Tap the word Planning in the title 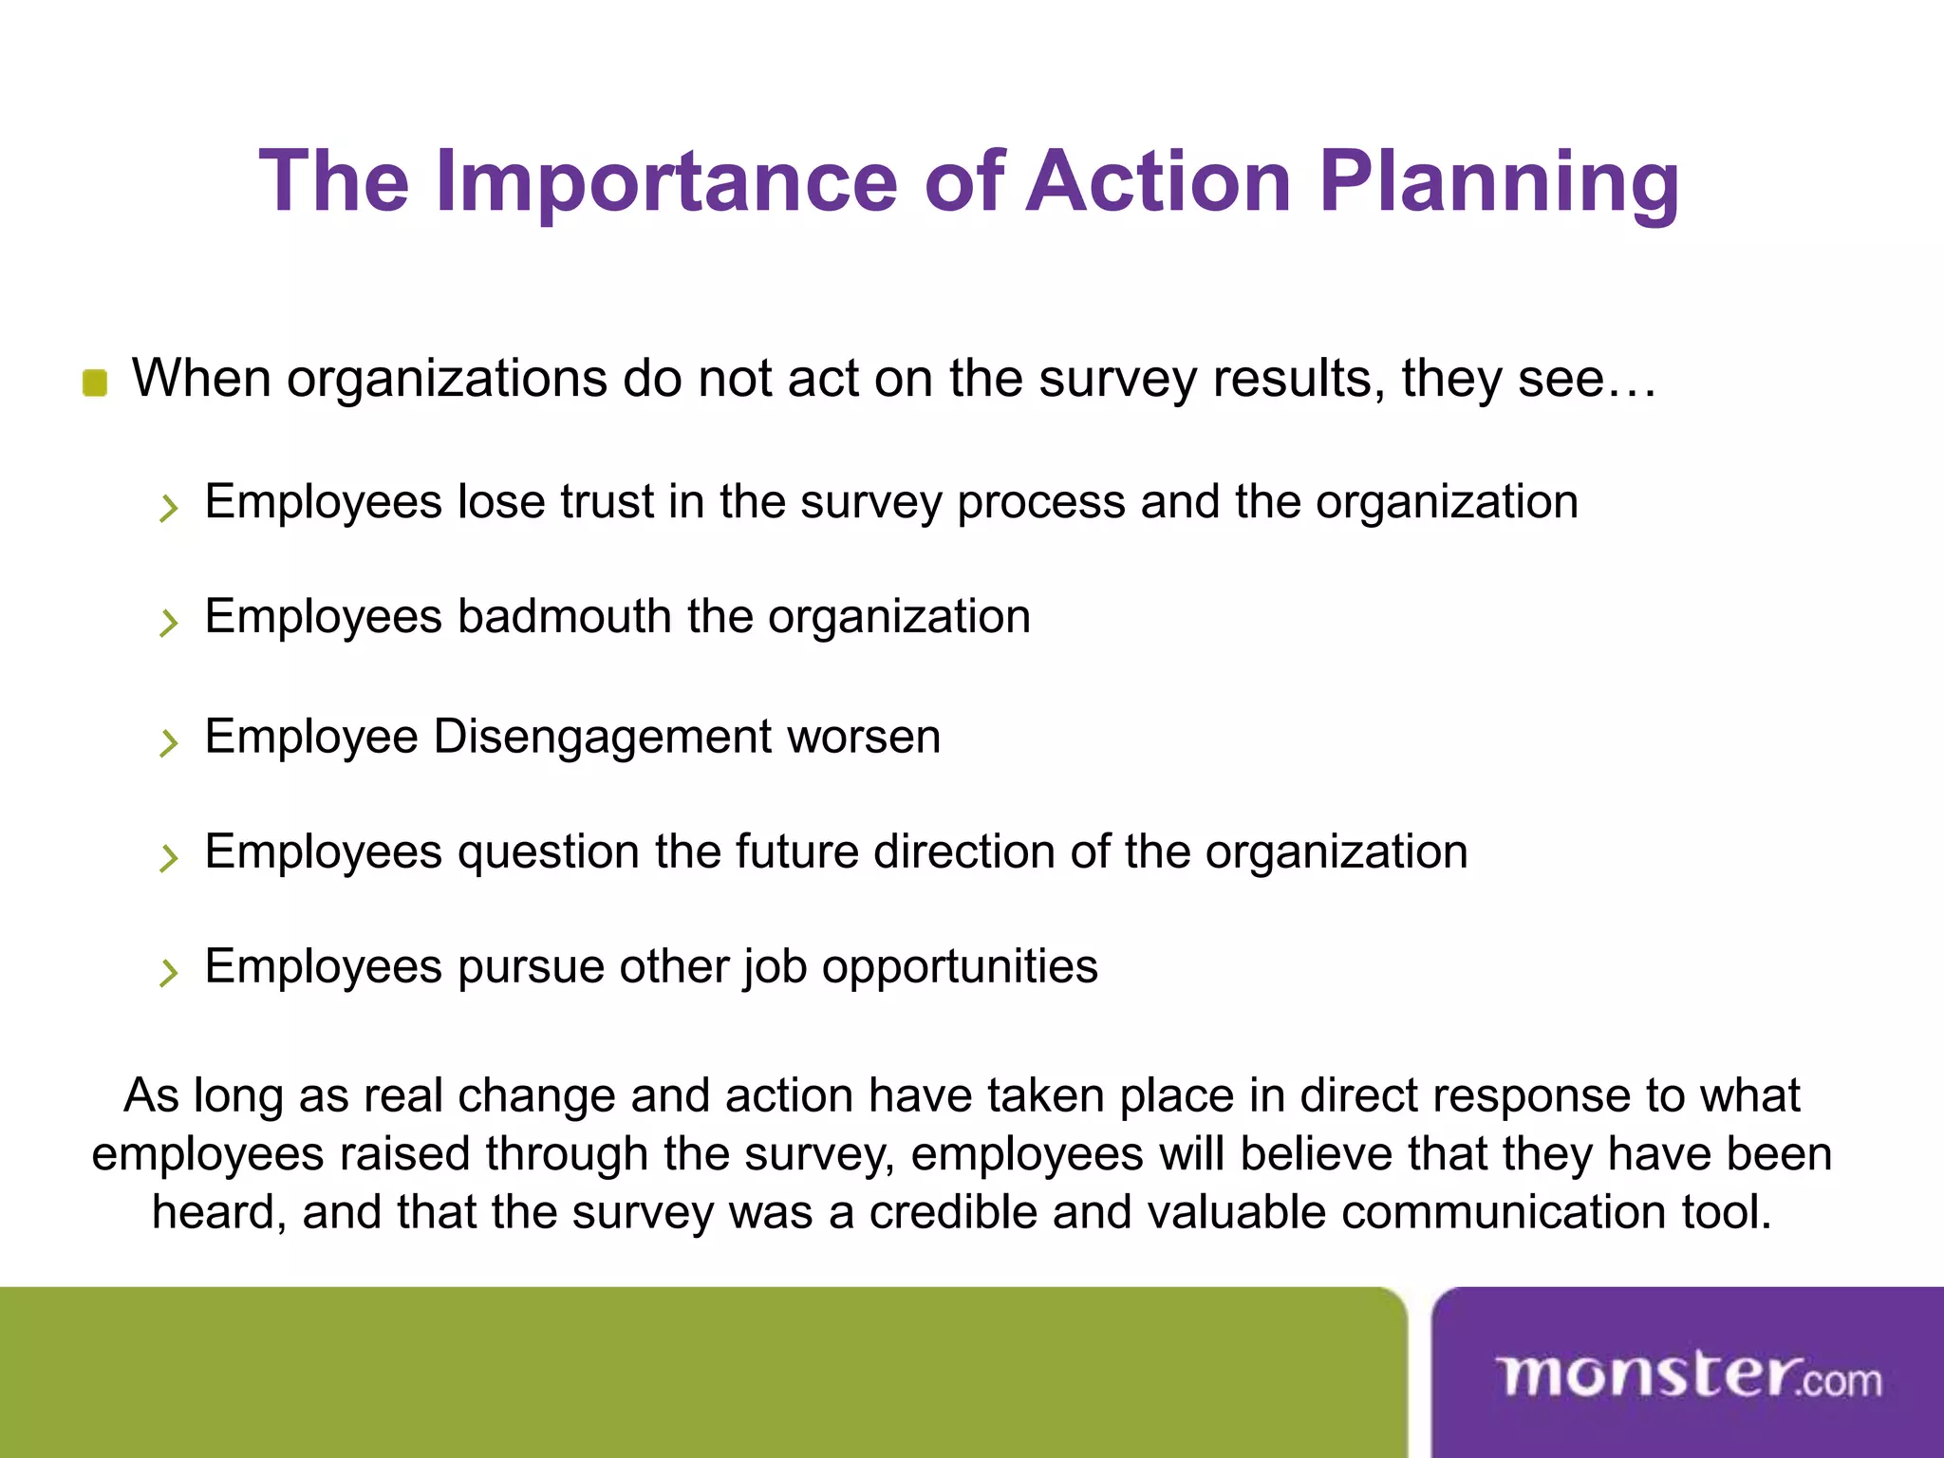click(x=1500, y=182)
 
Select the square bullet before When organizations click(x=95, y=383)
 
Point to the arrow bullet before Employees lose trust click(x=169, y=508)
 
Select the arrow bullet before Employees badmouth click(x=169, y=623)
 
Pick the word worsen click(x=864, y=738)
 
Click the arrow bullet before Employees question click(x=169, y=858)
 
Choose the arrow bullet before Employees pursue click(x=169, y=973)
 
